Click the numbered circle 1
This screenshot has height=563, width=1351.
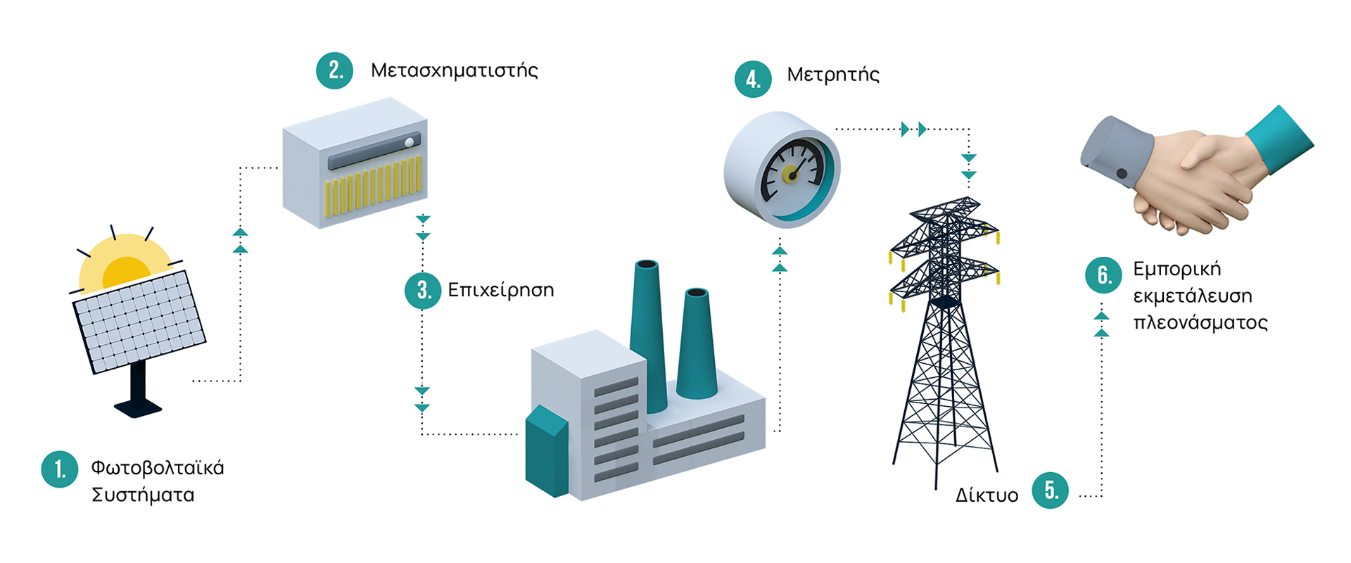pos(60,469)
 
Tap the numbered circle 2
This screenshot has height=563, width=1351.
pos(334,71)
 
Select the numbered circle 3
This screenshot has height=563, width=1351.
pos(423,290)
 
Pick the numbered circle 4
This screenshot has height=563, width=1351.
pos(753,79)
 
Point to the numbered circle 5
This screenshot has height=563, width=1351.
pos(1050,490)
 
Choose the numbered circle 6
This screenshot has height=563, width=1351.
pos(1103,275)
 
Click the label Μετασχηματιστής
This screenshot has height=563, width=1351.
pos(454,71)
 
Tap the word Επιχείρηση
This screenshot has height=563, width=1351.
pos(500,290)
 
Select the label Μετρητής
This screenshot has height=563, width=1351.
pos(832,75)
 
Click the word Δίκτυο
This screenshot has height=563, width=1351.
pos(987,495)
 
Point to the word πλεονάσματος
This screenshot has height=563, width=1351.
pos(1200,323)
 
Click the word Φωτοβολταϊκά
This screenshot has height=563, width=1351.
pos(157,468)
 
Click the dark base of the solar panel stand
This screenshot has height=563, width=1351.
pos(138,407)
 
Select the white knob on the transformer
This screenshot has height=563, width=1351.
pos(410,142)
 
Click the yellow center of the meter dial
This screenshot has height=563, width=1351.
pos(791,174)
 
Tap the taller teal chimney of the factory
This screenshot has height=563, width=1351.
pos(647,331)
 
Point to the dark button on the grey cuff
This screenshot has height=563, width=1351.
pos(1122,173)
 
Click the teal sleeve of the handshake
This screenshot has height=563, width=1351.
pos(1279,139)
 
